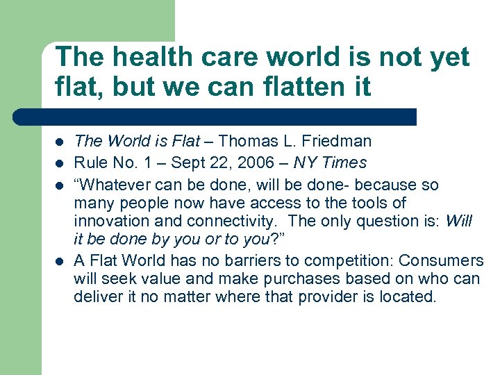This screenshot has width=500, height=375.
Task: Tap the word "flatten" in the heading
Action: [x=282, y=87]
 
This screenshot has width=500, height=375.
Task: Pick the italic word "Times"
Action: [x=345, y=163]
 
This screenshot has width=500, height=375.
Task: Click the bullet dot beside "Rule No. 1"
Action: [x=60, y=164]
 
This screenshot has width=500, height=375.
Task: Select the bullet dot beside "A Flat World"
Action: [x=60, y=262]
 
